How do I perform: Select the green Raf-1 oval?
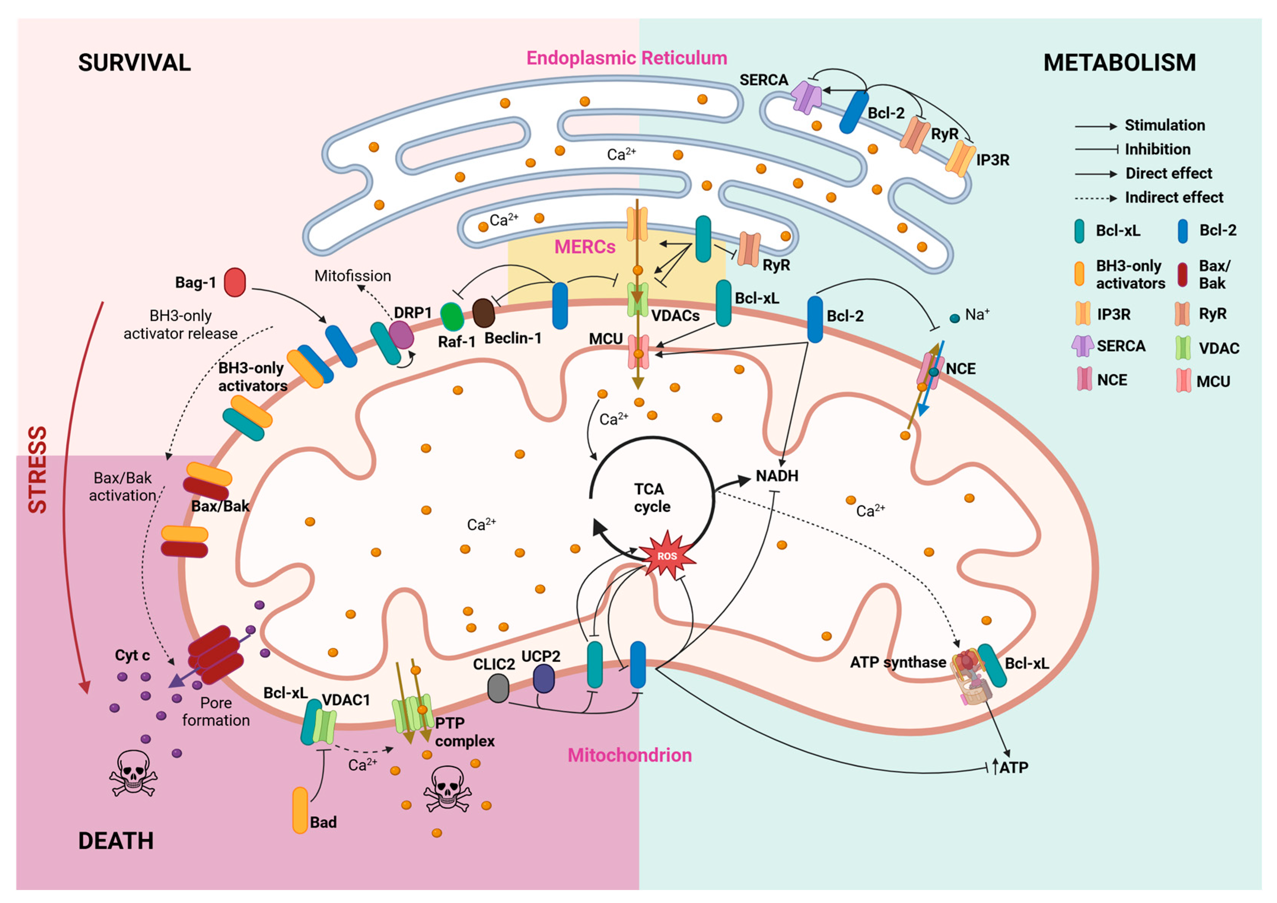[x=452, y=316]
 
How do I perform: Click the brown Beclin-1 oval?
[x=483, y=313]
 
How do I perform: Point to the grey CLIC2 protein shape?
[x=498, y=688]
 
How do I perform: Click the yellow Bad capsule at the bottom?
[x=300, y=810]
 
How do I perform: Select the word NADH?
[x=777, y=476]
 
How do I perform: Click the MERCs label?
[x=584, y=247]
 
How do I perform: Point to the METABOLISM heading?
[x=1119, y=62]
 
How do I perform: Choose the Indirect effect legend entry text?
[x=1174, y=197]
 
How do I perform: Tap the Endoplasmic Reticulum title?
[x=626, y=58]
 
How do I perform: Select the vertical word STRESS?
[x=38, y=469]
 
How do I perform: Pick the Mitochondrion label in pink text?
[x=630, y=755]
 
